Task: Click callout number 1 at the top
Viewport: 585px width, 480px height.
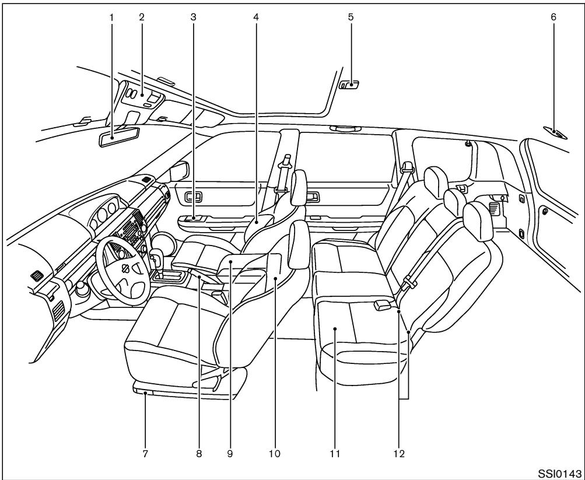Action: pyautogui.click(x=111, y=17)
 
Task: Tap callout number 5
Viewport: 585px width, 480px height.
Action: pyautogui.click(x=350, y=17)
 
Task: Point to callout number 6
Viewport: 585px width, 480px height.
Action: pyautogui.click(x=554, y=17)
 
